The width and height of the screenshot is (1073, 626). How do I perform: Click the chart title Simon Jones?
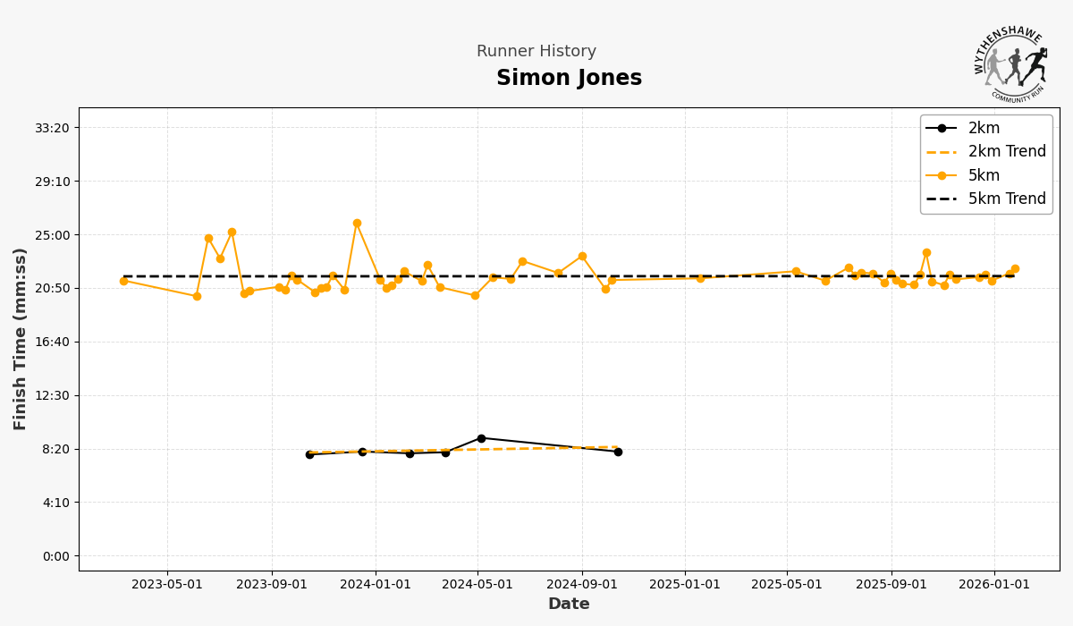tap(569, 79)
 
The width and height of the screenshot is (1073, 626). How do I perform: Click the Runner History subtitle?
tap(536, 52)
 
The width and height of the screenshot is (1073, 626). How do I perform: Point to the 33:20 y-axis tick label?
tap(51, 128)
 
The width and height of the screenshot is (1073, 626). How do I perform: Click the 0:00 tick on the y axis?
tap(55, 556)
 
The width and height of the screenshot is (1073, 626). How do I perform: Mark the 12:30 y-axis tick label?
tap(51, 395)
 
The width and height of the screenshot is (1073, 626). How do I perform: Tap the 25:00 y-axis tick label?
tap(51, 235)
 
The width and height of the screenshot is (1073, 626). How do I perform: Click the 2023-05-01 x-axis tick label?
tap(167, 585)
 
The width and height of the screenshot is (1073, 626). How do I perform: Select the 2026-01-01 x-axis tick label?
tap(993, 585)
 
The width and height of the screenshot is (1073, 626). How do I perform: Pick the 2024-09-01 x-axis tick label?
tap(582, 585)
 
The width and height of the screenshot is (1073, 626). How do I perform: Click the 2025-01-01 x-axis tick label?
tap(685, 585)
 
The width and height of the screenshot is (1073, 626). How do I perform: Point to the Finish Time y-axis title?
tap(21, 339)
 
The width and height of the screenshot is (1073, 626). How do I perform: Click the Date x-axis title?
tap(569, 605)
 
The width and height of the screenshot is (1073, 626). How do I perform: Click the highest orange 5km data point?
tap(357, 224)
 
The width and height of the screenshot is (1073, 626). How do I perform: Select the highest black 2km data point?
tap(481, 438)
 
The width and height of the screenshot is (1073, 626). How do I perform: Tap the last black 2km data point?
tap(618, 452)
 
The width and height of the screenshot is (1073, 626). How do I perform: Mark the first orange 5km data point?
tap(123, 281)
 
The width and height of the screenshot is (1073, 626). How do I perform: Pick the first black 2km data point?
tap(309, 454)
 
